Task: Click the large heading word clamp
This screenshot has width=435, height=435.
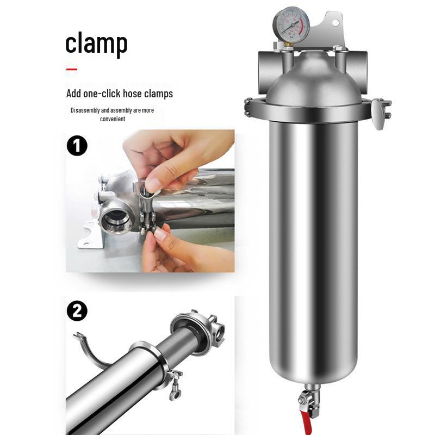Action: click(96, 44)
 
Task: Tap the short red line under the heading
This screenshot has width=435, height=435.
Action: click(72, 69)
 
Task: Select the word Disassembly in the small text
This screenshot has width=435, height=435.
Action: click(85, 110)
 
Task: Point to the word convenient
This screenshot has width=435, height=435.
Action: click(113, 119)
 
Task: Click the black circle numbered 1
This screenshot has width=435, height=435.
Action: click(77, 146)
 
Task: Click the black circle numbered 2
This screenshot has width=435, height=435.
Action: click(77, 311)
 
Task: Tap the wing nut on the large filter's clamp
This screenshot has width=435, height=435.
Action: click(378, 117)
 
